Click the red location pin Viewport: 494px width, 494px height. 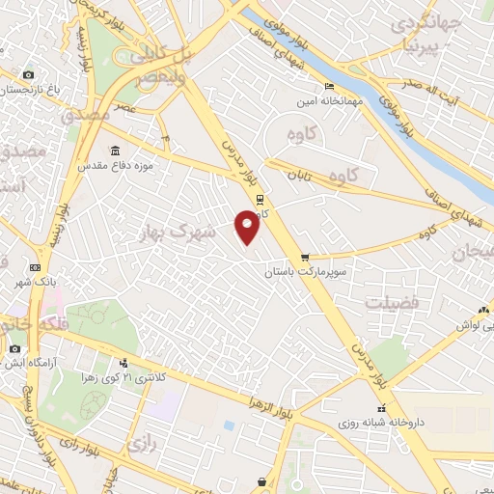point(247,228)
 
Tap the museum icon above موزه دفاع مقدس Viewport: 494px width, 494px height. point(116,151)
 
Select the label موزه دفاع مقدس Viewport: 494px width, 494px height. point(117,167)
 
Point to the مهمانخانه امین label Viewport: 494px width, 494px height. point(330,98)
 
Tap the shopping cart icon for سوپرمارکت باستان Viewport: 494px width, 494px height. point(305,258)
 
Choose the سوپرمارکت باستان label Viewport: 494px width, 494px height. point(306,273)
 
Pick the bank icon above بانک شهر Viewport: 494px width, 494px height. point(36,268)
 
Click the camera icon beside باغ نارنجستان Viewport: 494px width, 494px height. point(27,75)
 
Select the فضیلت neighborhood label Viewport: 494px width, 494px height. point(393,302)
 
